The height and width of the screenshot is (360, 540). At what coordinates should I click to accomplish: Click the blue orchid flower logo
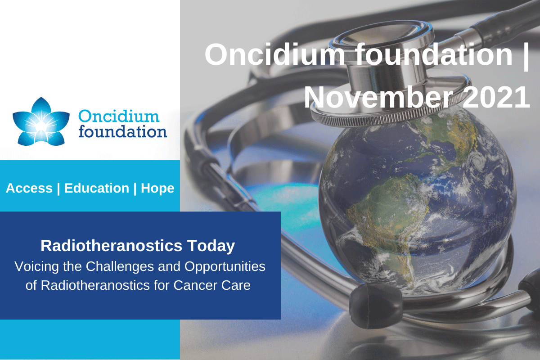pos(41,121)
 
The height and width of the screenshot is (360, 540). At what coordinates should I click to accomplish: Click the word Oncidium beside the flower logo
pos(119,117)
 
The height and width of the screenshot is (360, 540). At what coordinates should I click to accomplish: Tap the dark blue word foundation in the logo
pos(123,131)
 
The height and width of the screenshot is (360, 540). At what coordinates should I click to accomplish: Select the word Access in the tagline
pos(29,188)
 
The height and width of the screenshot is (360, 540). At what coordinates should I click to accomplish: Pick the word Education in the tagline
pos(97,188)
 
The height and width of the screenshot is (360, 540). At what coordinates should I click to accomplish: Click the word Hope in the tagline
pos(157,189)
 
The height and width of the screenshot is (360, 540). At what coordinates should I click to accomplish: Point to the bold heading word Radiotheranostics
pos(111,246)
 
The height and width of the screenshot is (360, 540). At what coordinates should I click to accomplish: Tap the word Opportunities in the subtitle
pos(225,267)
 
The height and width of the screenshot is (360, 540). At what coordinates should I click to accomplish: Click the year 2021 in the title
pos(496,98)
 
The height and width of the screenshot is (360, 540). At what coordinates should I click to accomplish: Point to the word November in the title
pos(381,98)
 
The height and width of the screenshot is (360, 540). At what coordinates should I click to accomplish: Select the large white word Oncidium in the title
pos(274,54)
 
